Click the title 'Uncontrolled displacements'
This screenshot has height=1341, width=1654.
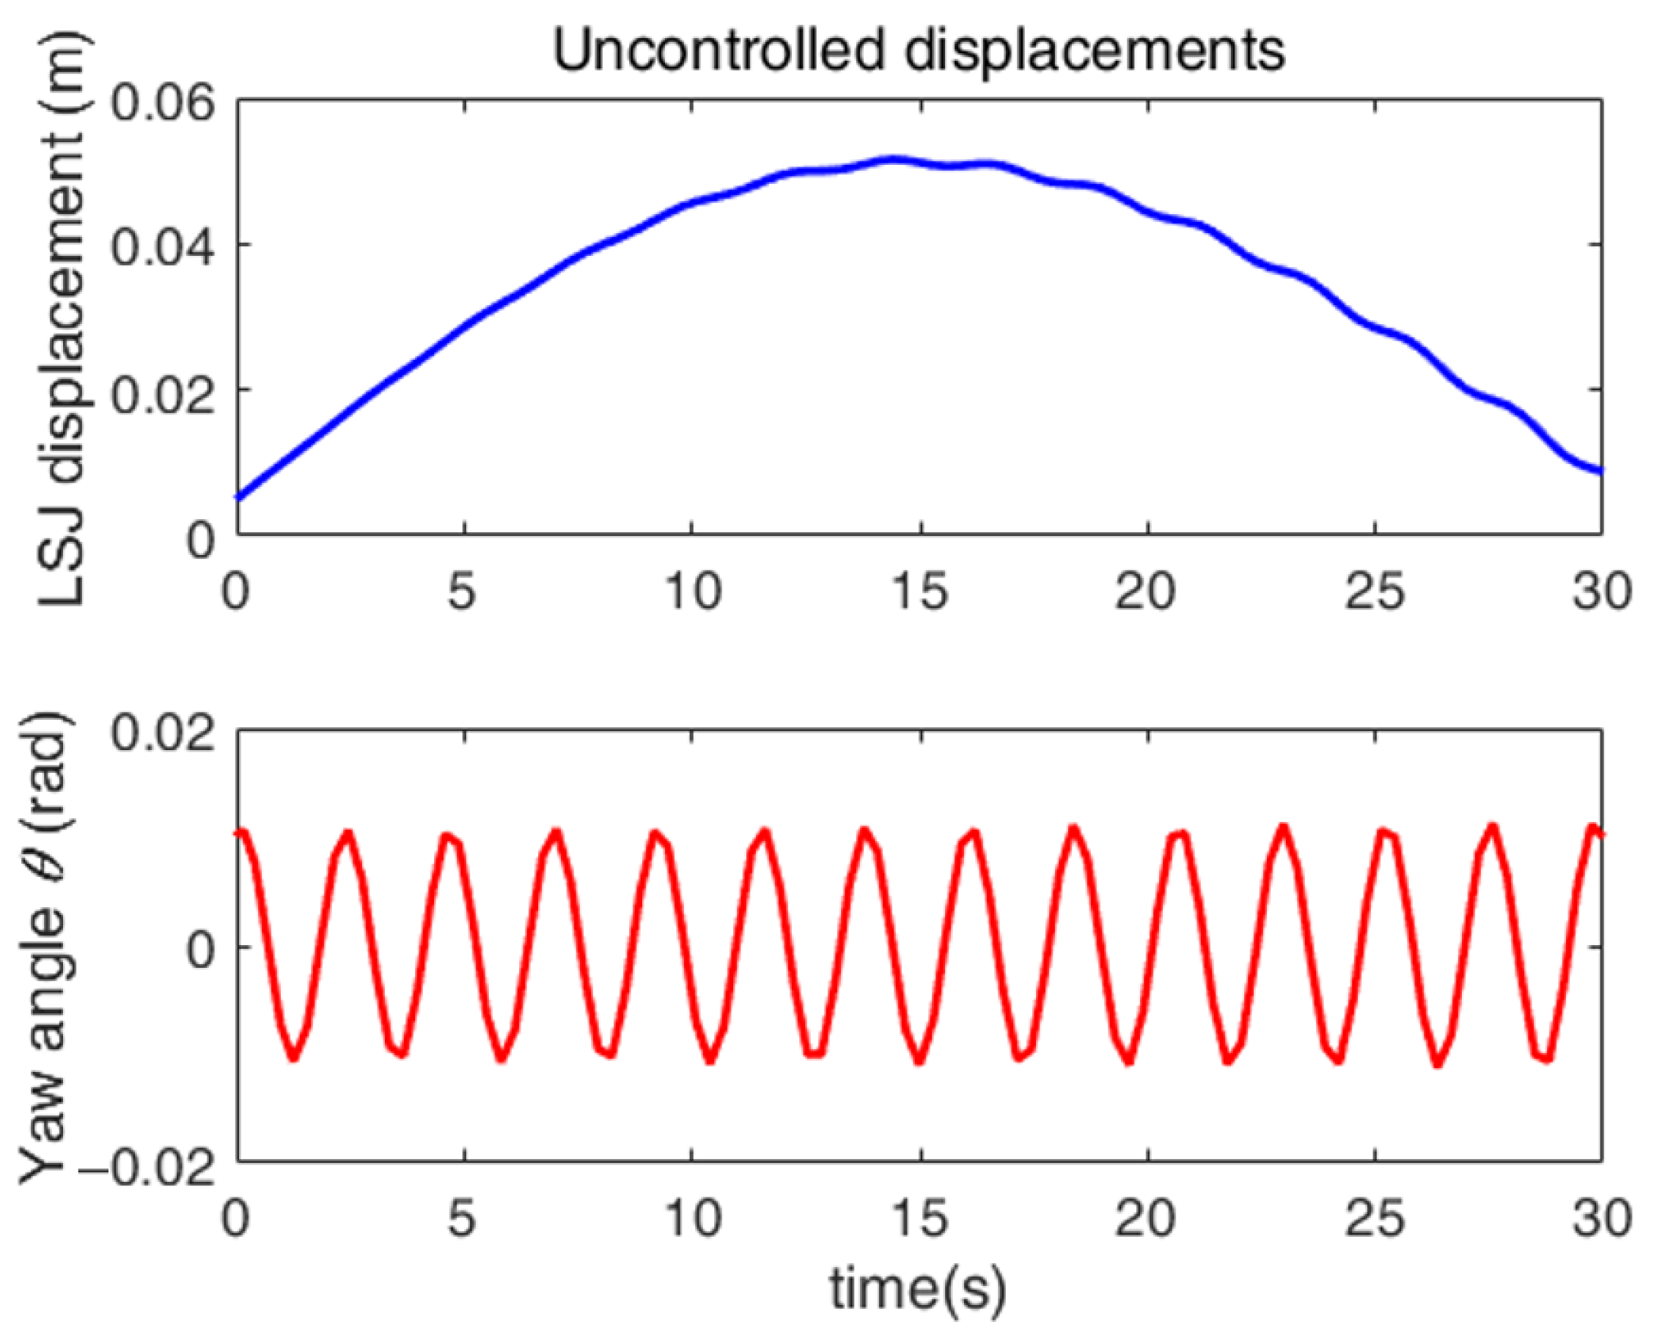pos(919,51)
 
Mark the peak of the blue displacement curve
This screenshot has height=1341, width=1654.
pos(892,160)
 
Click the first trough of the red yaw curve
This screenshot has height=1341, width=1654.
pos(293,1057)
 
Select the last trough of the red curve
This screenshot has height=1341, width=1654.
pos(1545,1059)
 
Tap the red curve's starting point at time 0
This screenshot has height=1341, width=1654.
pos(240,833)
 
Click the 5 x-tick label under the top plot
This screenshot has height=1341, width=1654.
pos(463,592)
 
